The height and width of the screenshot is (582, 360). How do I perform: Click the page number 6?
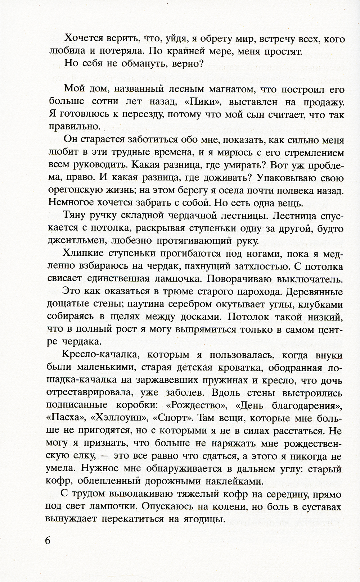[x=49, y=541]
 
